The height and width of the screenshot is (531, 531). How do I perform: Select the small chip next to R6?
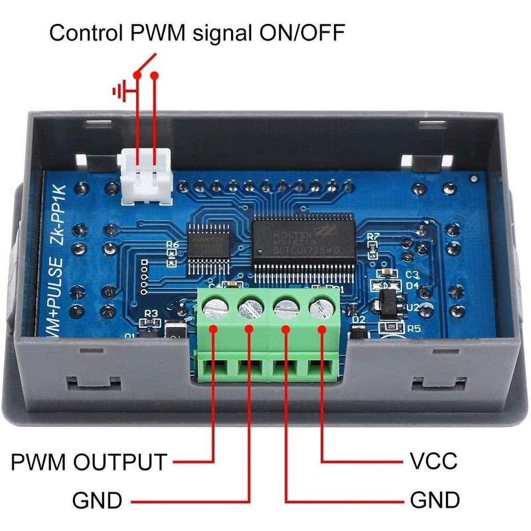(x=206, y=250)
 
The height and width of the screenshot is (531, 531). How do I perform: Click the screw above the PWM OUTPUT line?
(x=213, y=307)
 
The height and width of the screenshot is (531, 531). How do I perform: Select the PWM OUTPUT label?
(x=88, y=461)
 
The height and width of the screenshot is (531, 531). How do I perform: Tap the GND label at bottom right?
(x=435, y=499)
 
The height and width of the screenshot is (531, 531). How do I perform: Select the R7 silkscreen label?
(x=373, y=236)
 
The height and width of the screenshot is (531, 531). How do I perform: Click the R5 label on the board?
(x=415, y=327)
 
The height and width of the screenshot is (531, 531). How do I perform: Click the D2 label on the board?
(x=359, y=319)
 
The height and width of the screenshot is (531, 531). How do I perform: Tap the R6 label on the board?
(x=173, y=245)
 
